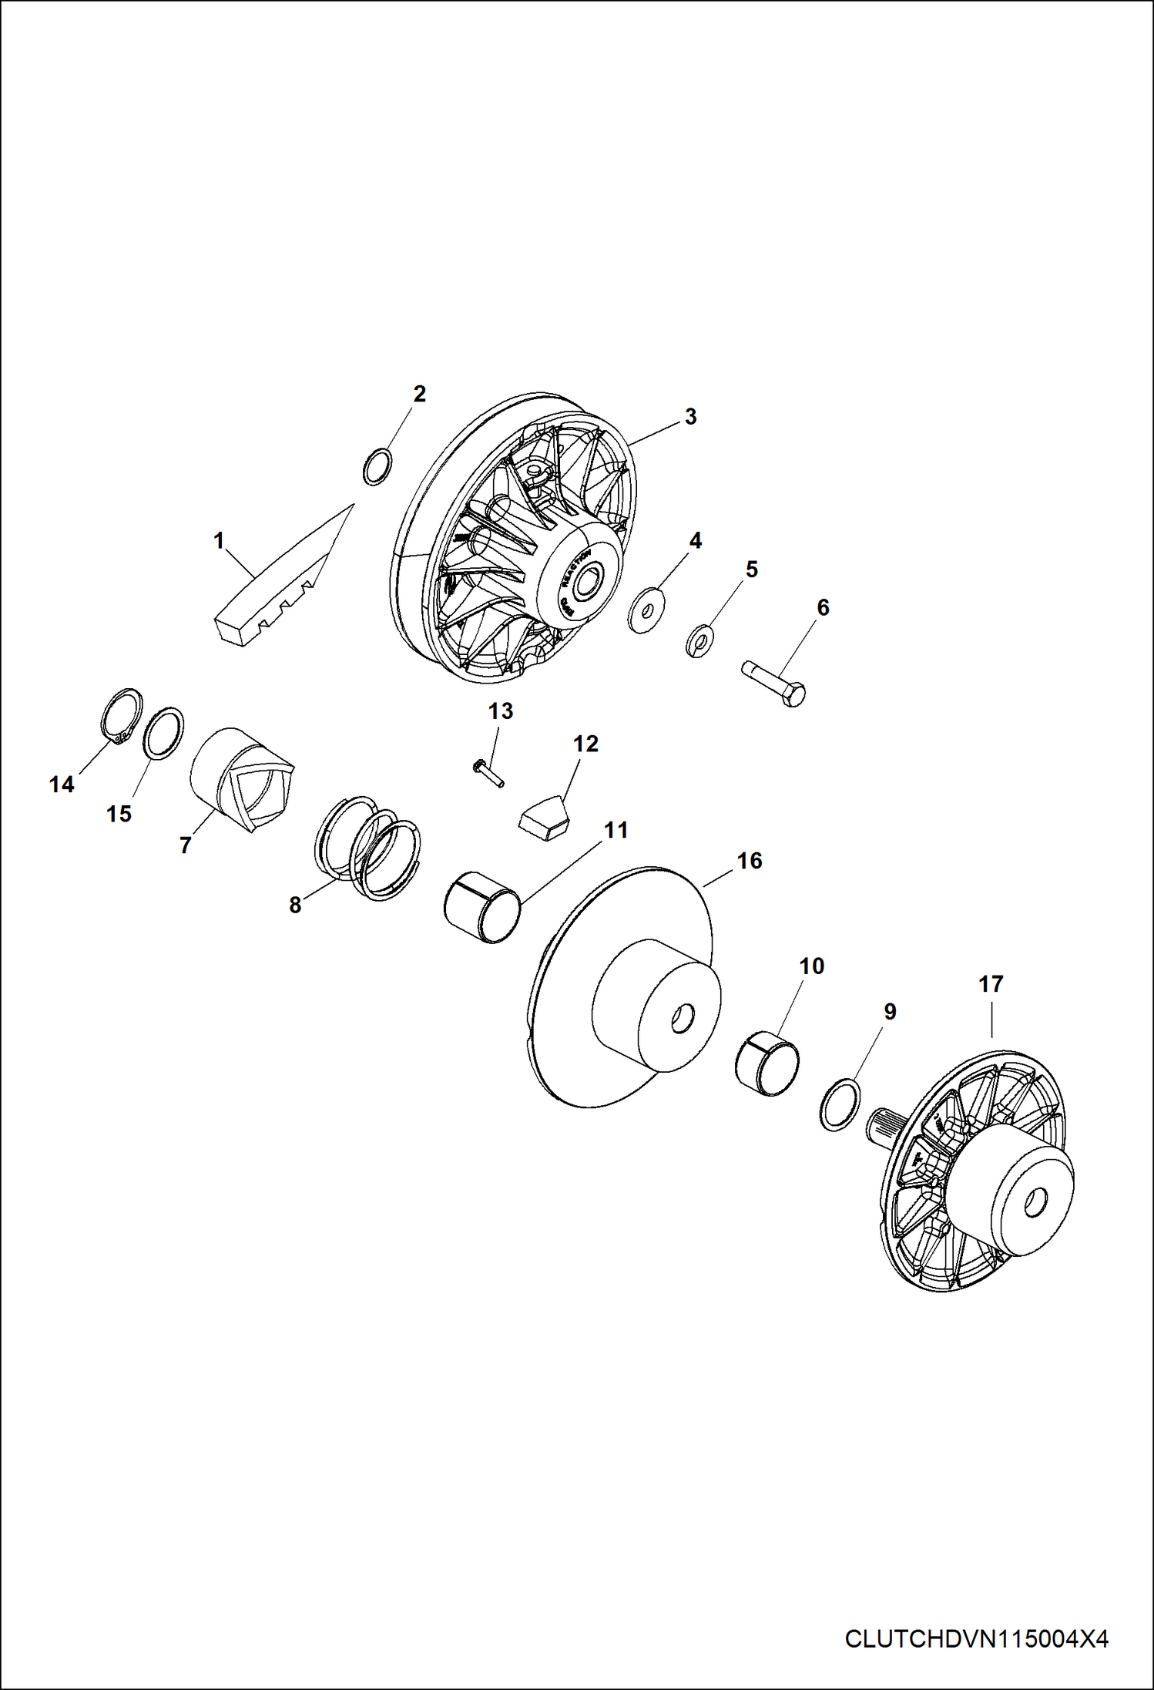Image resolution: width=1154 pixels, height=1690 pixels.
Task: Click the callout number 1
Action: point(219,541)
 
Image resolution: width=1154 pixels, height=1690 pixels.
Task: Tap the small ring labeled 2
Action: point(377,467)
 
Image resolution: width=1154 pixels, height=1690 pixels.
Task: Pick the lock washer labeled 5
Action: point(700,639)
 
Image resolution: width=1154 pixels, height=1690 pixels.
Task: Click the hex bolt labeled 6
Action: point(773,684)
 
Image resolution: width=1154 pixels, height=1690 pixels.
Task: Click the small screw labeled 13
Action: point(487,772)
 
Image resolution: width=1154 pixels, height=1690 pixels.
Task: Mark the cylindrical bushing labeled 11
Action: point(482,907)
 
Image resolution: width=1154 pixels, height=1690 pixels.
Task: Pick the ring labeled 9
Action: point(839,1104)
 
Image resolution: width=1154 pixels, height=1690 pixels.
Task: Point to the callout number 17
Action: point(991,984)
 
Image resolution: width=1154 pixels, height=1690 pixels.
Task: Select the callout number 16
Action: point(750,861)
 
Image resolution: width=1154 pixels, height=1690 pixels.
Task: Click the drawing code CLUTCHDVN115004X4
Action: point(976,1638)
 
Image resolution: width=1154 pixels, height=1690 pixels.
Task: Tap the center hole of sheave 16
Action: point(680,1019)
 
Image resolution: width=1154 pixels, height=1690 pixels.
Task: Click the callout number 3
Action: point(690,416)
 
